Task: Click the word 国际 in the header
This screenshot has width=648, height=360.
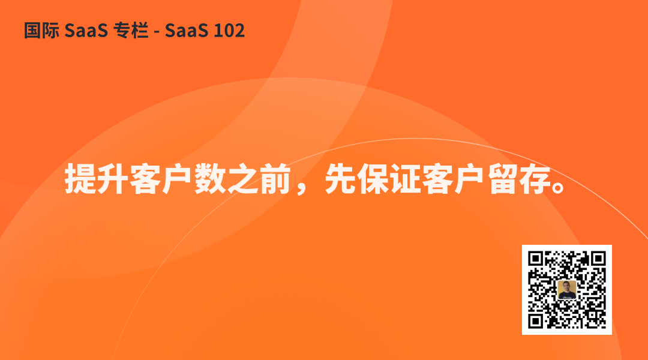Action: coord(41,31)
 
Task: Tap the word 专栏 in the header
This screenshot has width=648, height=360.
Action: coord(131,31)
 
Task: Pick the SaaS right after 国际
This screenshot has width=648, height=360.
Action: coord(86,31)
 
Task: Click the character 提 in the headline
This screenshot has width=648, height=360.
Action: coord(80,179)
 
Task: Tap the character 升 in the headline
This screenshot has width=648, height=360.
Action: coord(113,179)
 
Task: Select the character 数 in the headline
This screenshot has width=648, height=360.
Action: coord(211,179)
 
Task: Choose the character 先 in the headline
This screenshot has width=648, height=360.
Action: coord(341,179)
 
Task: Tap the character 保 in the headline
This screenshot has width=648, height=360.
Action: coord(373,179)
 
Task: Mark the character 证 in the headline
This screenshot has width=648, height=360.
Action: coord(406,179)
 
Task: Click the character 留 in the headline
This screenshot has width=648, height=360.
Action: coord(503,179)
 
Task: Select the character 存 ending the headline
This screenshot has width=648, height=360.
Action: coord(536,179)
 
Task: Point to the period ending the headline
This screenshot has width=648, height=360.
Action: coord(559,187)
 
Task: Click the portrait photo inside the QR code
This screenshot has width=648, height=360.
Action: coord(566,290)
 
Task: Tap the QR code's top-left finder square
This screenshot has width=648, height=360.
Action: coord(536,259)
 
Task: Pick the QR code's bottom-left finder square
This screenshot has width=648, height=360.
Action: coord(536,321)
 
